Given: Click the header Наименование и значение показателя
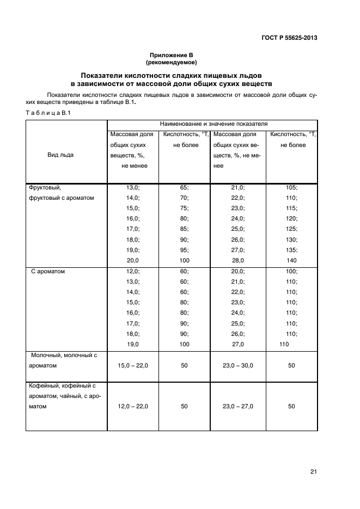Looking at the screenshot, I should [213, 124].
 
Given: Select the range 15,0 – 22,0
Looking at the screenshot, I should [133, 366].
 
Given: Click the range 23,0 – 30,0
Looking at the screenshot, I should [238, 366].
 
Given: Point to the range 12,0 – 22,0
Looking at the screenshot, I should [133, 406].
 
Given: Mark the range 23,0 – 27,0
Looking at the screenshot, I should [238, 406].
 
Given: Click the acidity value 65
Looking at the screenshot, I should [184, 187].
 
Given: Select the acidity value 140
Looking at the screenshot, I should [291, 260].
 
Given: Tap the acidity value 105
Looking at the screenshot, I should [291, 187].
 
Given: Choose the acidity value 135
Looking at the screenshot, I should [291, 250].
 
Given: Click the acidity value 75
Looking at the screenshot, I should [184, 208].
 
